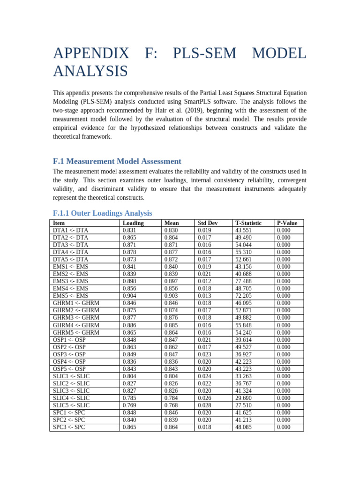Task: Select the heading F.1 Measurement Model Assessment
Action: pos(117,161)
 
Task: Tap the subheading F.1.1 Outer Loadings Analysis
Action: pos(102,213)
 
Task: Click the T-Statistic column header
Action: pos(248,223)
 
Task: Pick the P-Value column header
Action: pos(288,223)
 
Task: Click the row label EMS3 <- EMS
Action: pos(70,281)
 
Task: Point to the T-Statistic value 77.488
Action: pos(244,281)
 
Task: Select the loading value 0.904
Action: pos(130,296)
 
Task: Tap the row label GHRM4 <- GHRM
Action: pos(76,325)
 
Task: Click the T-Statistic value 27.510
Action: pos(244,405)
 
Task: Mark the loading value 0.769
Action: pos(130,405)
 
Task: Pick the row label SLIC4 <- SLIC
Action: pos(71,398)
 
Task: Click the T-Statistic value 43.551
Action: pos(244,230)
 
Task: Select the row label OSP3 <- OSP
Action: pos(69,354)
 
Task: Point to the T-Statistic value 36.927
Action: pos(244,354)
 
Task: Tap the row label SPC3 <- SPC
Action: pos(69,427)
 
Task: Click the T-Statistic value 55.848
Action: pos(244,325)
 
